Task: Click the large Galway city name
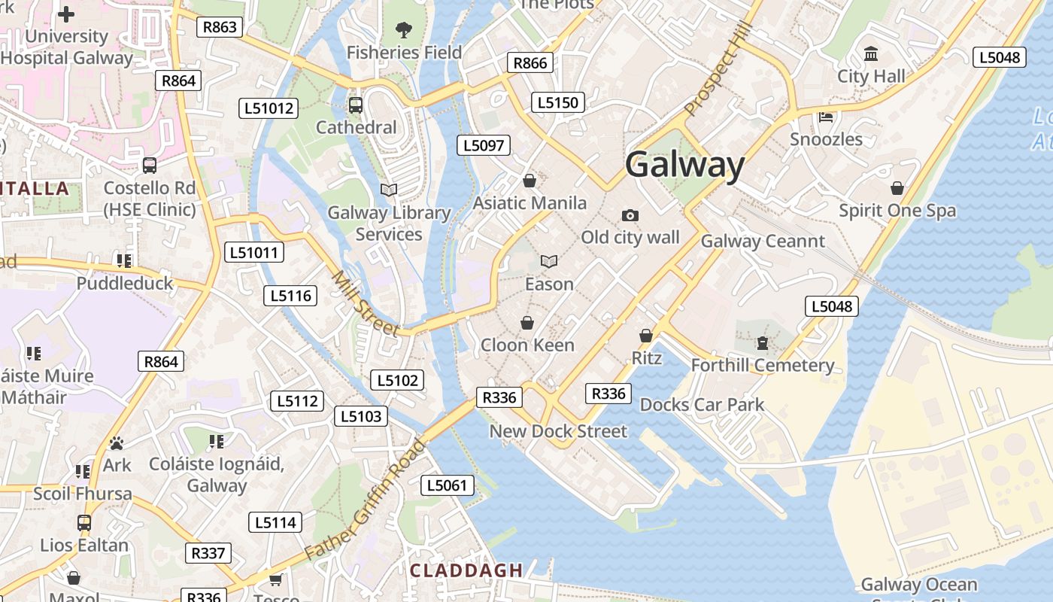(684, 165)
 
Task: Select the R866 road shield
(530, 62)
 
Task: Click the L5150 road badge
(557, 102)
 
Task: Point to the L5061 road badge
(447, 485)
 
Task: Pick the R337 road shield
(208, 553)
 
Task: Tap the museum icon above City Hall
(871, 53)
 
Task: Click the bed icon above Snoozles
(826, 117)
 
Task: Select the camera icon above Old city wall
(630, 215)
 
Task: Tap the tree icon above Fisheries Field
(404, 30)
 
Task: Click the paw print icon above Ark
(117, 443)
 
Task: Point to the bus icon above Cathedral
(356, 105)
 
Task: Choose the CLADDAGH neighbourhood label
(466, 570)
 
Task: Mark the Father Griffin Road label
(367, 500)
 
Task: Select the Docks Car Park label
(702, 404)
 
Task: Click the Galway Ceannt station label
(763, 241)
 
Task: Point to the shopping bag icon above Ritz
(646, 335)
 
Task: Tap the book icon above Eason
(549, 261)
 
